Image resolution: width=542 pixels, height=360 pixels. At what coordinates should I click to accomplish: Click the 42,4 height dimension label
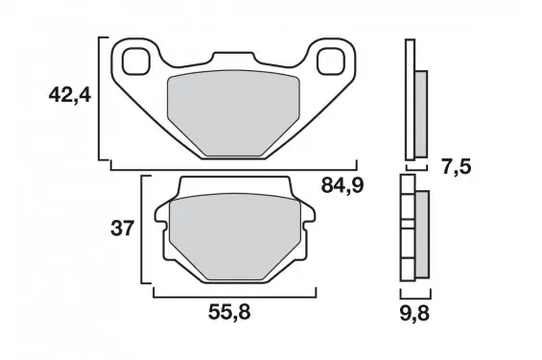(x=70, y=95)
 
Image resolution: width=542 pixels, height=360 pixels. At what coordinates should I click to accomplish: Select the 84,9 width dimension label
(x=342, y=185)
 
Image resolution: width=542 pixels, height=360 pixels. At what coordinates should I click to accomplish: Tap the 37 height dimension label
(x=122, y=228)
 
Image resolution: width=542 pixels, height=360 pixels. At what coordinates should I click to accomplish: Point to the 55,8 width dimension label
(x=229, y=313)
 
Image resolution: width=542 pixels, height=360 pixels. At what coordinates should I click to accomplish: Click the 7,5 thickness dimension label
(x=457, y=167)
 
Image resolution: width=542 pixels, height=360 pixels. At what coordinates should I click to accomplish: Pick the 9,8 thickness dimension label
(x=414, y=313)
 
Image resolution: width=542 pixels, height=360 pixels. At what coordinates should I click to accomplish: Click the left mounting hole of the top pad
(x=136, y=61)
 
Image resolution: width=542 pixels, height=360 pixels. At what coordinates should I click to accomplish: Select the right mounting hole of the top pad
(x=331, y=61)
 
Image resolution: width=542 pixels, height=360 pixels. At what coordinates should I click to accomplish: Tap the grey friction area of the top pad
(x=233, y=112)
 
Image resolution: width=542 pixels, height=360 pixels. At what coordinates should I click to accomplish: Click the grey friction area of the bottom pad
(x=235, y=237)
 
